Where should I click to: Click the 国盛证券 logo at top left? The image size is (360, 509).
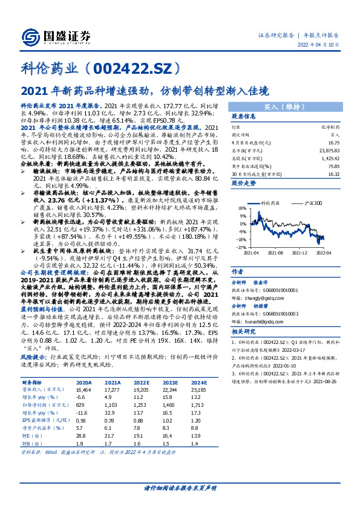pyautogui.click(x=55, y=34)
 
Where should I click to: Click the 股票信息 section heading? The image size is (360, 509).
pyautogui.click(x=244, y=117)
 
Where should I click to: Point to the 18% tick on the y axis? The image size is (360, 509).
pyautogui.click(x=241, y=207)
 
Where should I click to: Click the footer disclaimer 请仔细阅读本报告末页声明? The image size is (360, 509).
pyautogui.click(x=180, y=487)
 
